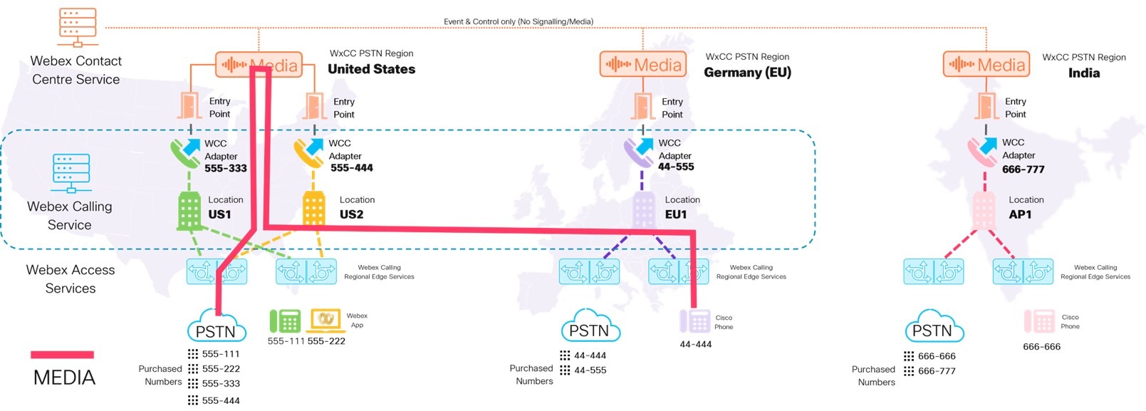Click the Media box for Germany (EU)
pyautogui.click(x=643, y=65)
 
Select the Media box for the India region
pyautogui.click(x=986, y=65)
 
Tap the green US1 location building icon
pyautogui.click(x=189, y=210)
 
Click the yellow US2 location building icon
pyautogui.click(x=313, y=208)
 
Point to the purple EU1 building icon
pyautogui.click(x=643, y=210)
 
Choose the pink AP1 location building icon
pyautogui.click(x=984, y=210)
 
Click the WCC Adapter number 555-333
pyautogui.click(x=226, y=168)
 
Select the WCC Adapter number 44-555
pyautogui.click(x=676, y=167)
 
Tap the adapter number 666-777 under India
pyautogui.click(x=1023, y=170)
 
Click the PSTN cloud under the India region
pyautogui.click(x=934, y=326)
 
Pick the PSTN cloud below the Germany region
pyautogui.click(x=590, y=326)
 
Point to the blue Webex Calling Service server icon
pyautogui.click(x=71, y=173)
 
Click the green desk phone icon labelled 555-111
pyautogui.click(x=285, y=321)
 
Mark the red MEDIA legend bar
pyautogui.click(x=63, y=355)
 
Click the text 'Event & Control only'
pyautogui.click(x=479, y=21)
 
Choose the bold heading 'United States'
pyautogui.click(x=371, y=69)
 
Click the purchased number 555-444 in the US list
pyautogui.click(x=221, y=400)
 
